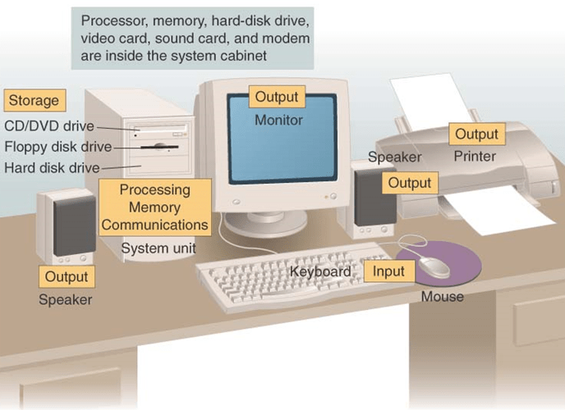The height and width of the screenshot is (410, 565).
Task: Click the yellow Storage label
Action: point(34,100)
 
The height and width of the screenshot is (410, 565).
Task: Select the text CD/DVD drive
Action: point(49,126)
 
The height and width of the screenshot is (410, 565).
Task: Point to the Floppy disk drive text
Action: point(58,147)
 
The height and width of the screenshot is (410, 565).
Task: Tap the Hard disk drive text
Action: point(52,167)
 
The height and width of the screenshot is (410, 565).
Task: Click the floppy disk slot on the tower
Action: point(159,147)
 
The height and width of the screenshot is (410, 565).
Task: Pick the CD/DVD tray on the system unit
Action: point(161,129)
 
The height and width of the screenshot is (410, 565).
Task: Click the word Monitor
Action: point(278,120)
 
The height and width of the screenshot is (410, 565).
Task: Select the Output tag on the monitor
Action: point(277,97)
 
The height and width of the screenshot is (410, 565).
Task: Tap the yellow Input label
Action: point(388,271)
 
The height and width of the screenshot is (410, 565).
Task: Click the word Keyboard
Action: point(320,271)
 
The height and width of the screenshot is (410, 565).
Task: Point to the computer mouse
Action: point(434,266)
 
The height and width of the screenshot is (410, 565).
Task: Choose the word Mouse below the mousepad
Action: point(443,297)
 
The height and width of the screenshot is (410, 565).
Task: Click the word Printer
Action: point(475,156)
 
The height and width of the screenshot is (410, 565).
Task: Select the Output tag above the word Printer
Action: point(476,134)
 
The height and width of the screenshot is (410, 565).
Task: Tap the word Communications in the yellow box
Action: point(155,225)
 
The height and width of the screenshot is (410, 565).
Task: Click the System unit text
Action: point(158,248)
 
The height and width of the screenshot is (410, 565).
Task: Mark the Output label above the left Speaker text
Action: point(67,276)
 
